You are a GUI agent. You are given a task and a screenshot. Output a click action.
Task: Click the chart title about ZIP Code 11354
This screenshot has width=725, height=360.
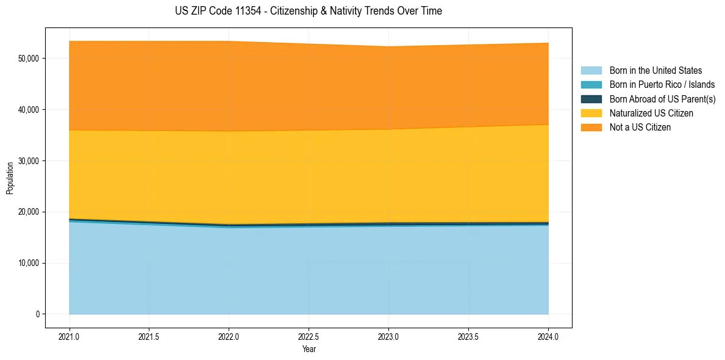tap(308, 11)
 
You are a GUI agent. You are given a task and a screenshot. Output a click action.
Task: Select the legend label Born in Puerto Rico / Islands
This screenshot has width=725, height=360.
tap(662, 85)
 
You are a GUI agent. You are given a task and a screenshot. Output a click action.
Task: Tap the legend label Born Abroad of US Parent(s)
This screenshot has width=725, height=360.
tap(662, 99)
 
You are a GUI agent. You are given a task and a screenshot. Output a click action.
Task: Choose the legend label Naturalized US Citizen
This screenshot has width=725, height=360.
tap(651, 113)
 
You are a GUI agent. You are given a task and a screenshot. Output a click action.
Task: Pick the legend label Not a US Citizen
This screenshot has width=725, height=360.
tap(640, 128)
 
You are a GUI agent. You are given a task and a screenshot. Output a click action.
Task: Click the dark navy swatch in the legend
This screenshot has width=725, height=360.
tap(591, 99)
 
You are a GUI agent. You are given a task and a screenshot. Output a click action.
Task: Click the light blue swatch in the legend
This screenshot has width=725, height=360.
tap(591, 71)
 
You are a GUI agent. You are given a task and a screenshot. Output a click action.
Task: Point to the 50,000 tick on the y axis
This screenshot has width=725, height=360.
tap(29, 59)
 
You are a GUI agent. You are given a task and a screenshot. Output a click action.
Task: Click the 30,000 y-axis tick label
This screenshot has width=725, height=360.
tap(29, 161)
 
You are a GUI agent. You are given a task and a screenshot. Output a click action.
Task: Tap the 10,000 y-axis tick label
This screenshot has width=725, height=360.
tap(29, 264)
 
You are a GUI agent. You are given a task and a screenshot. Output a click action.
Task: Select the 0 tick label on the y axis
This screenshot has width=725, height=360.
tap(37, 315)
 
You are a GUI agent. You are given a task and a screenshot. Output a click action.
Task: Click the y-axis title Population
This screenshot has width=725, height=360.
tap(10, 178)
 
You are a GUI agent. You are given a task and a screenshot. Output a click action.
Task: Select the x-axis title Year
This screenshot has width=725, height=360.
tap(309, 350)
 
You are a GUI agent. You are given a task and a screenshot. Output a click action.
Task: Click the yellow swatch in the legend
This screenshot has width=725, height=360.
tap(591, 113)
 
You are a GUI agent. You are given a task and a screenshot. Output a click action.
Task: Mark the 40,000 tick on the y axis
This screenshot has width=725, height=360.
tap(29, 110)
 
